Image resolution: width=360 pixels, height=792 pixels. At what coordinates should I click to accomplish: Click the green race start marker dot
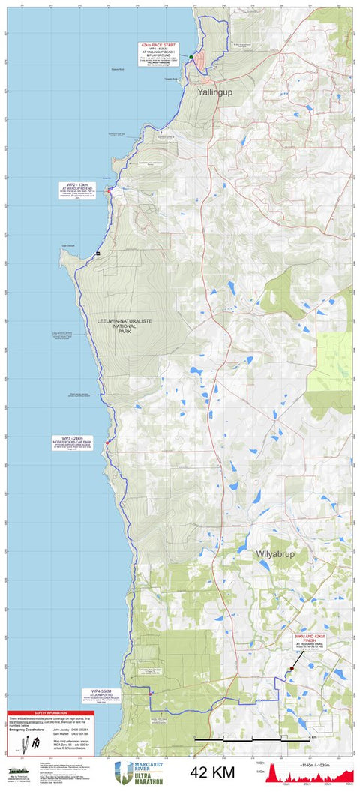click(x=191, y=57)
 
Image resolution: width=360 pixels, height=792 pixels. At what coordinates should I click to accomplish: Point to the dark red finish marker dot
click(x=292, y=668)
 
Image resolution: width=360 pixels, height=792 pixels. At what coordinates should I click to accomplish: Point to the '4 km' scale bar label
click(x=312, y=737)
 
